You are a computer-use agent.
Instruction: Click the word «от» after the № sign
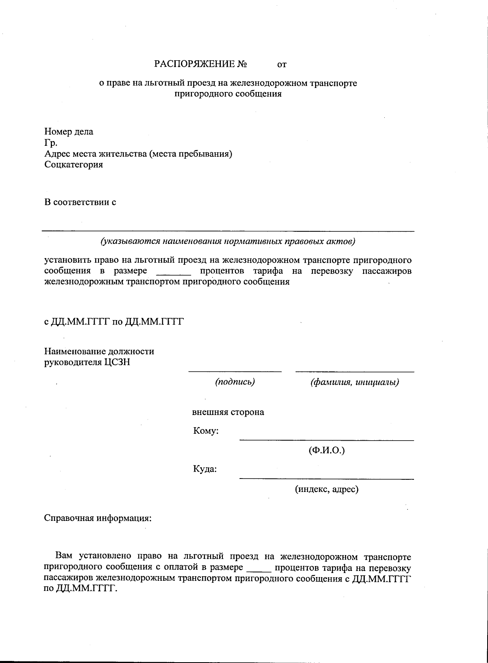282,64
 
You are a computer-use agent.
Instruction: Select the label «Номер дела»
69,132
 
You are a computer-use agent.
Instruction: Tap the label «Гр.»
51,143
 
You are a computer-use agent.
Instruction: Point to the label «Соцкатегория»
74,165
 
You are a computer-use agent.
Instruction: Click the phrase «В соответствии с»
80,202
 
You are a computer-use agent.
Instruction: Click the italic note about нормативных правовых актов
228,241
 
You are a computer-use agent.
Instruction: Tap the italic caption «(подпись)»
235,382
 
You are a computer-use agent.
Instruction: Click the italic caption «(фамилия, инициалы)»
354,382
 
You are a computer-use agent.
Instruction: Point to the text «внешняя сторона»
228,412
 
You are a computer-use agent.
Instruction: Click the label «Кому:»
206,431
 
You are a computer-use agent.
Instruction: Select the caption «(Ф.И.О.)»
327,450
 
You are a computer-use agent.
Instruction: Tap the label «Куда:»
205,469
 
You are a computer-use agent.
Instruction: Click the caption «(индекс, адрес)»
327,489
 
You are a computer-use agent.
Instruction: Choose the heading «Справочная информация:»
98,518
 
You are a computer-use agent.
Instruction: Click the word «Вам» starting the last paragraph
65,557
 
